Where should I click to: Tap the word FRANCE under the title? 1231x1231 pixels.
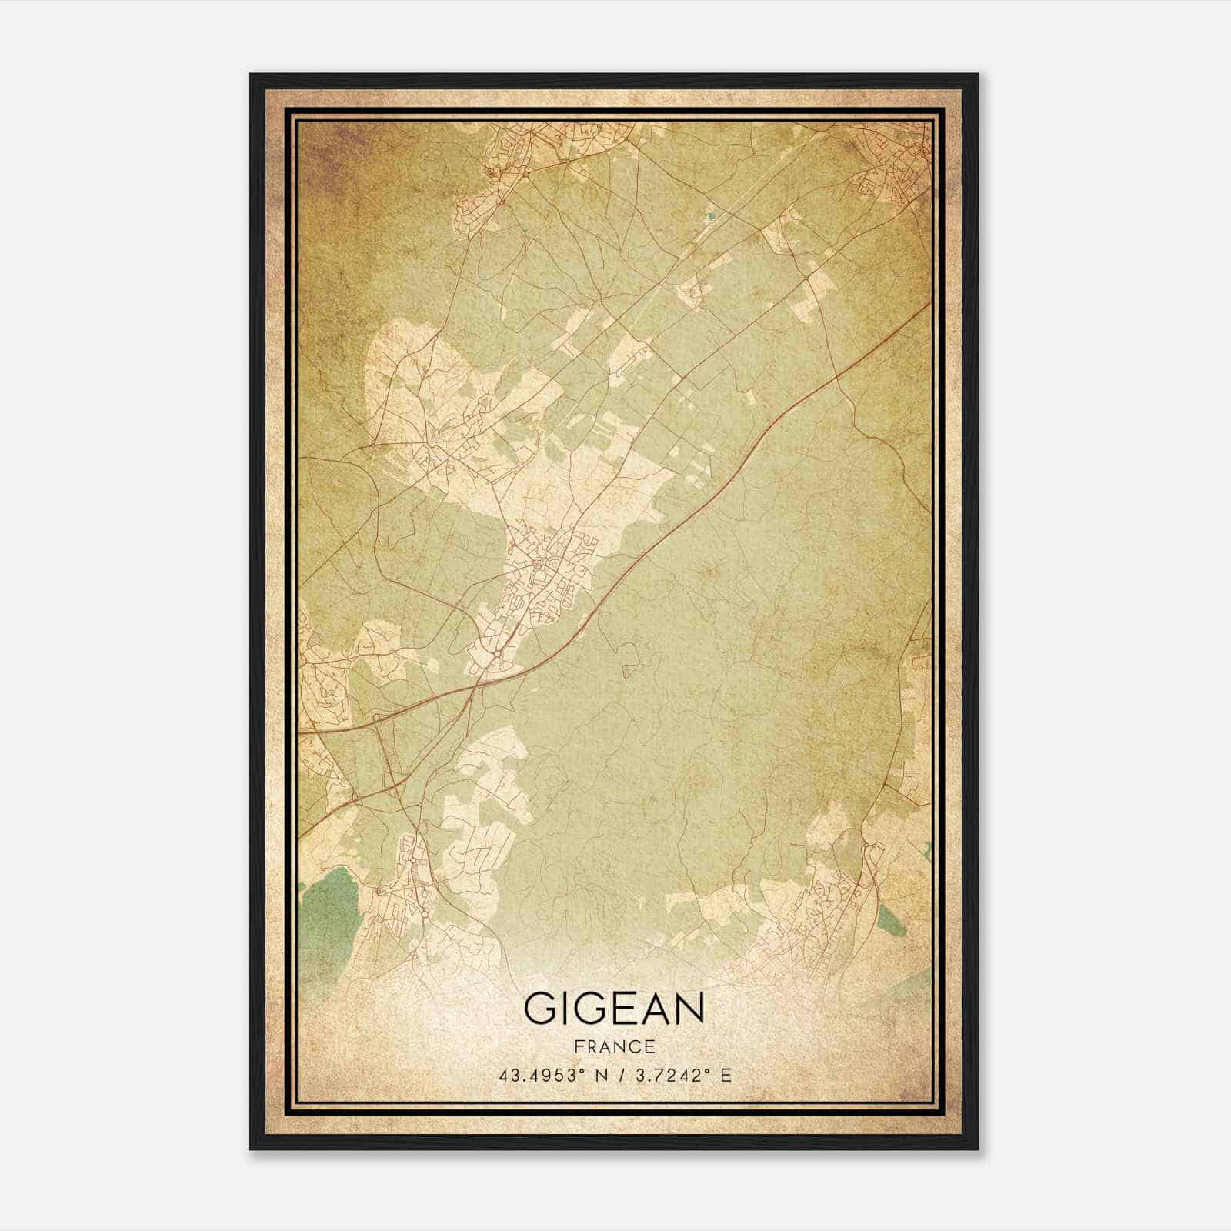tap(614, 1046)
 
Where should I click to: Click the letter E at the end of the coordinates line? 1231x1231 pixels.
tap(726, 1076)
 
